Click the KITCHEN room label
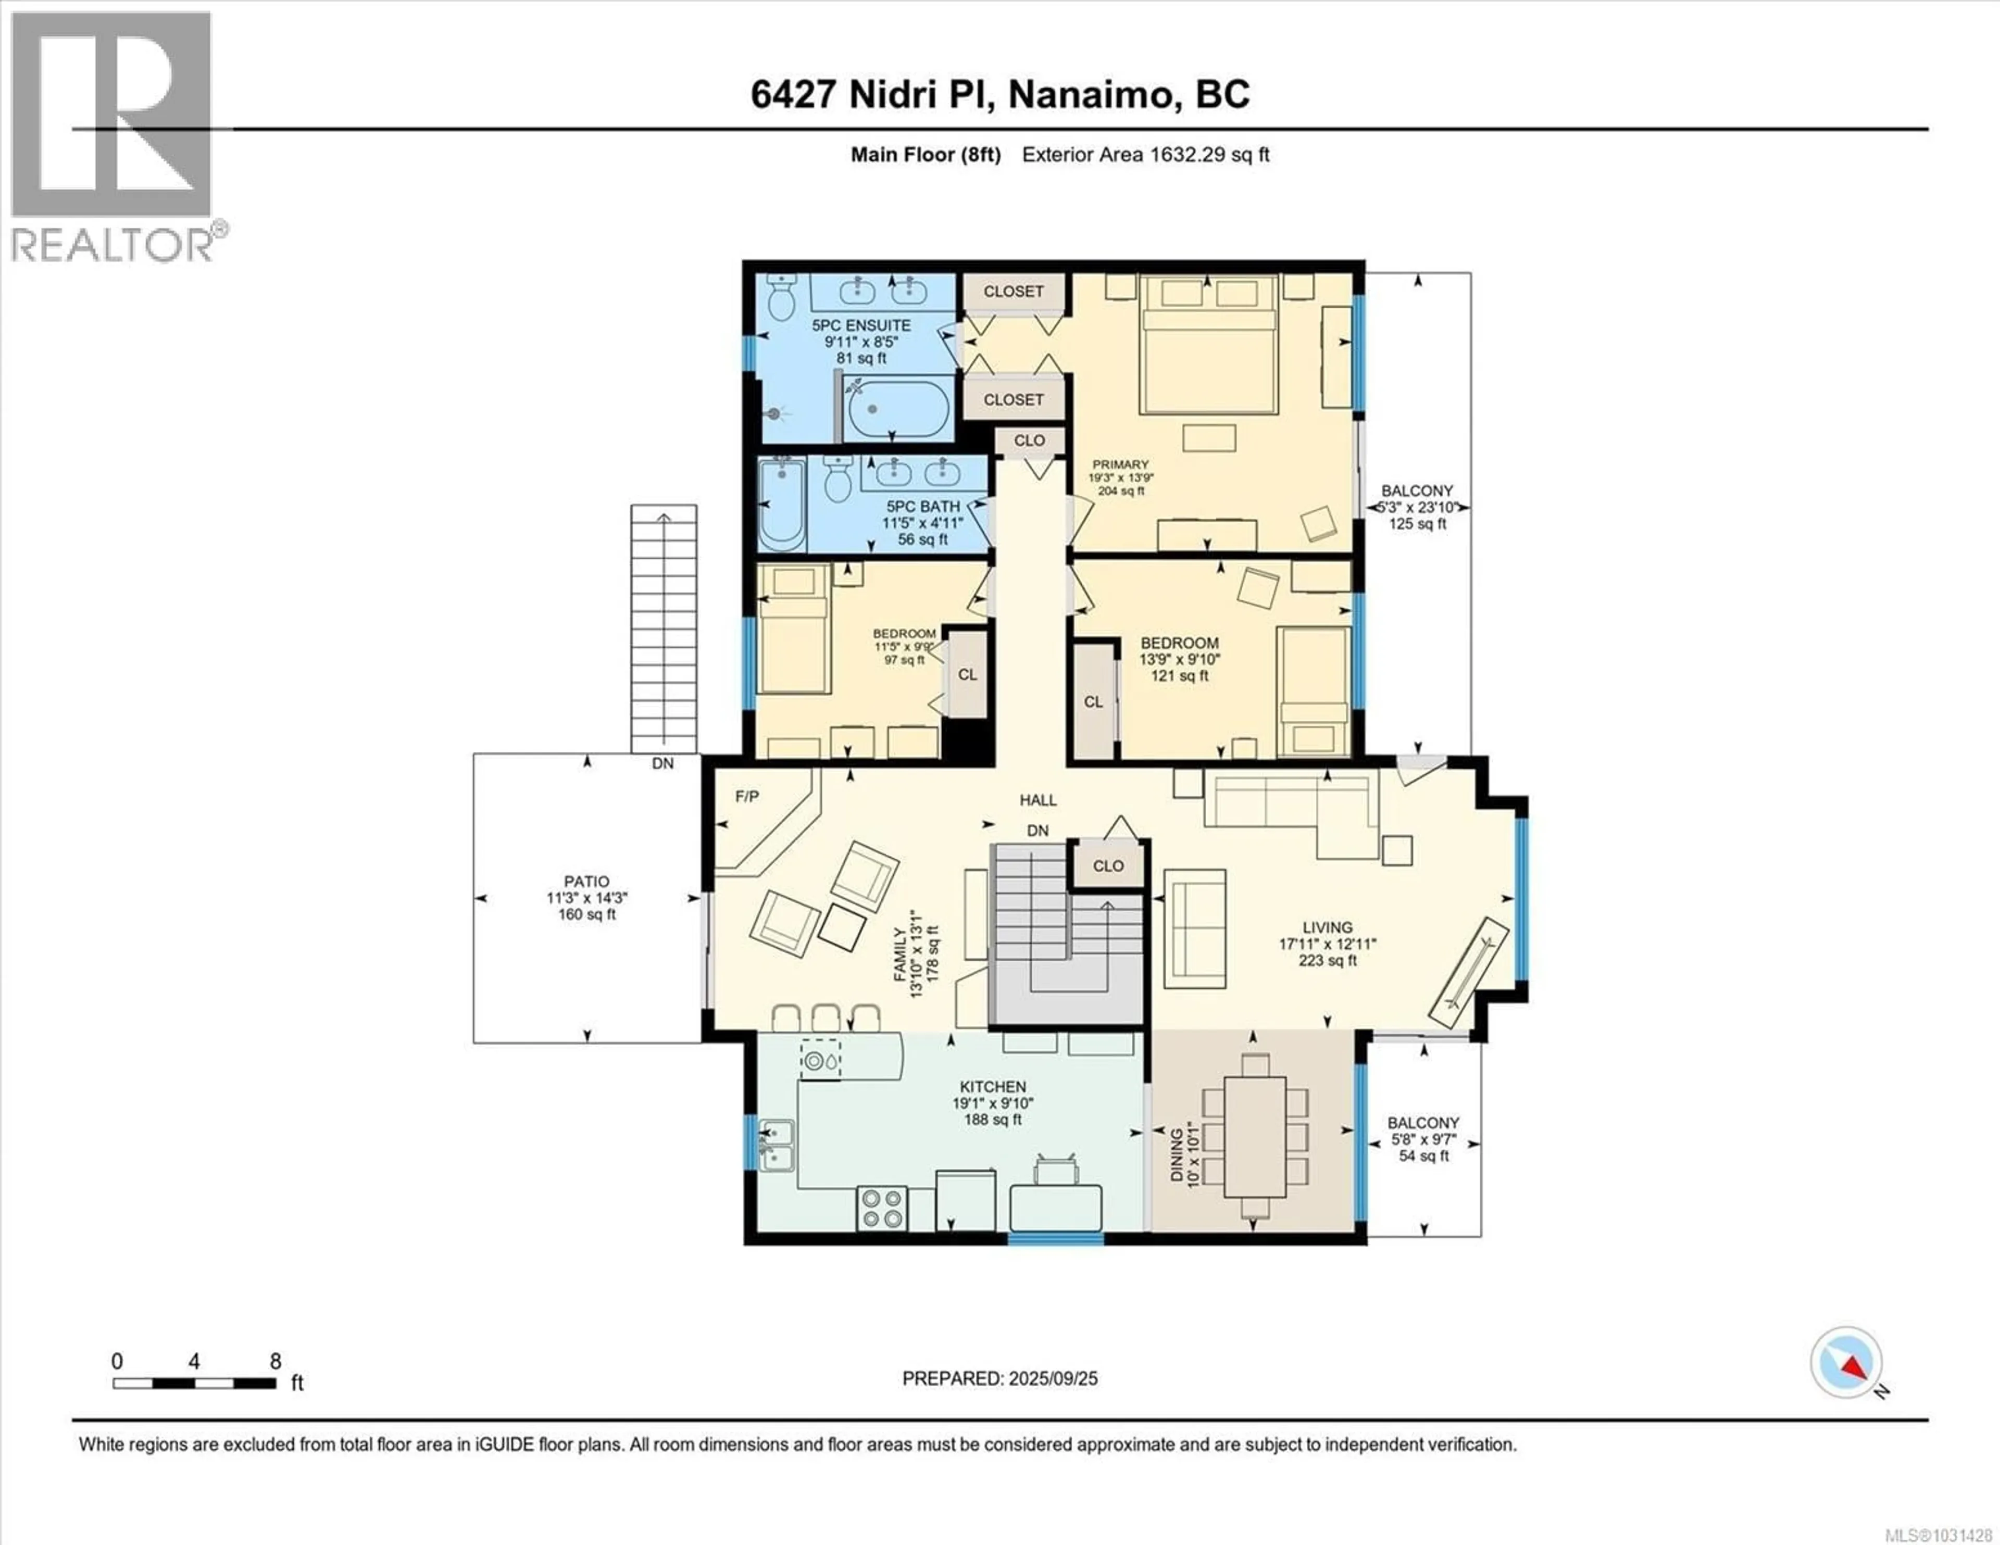pyautogui.click(x=993, y=1087)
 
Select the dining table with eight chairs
pyautogui.click(x=1255, y=1137)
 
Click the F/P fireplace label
pyautogui.click(x=746, y=797)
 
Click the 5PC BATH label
pyautogui.click(x=922, y=507)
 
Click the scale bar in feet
pyautogui.click(x=194, y=1384)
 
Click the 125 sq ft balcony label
pyautogui.click(x=1417, y=507)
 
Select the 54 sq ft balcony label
pyautogui.click(x=1422, y=1139)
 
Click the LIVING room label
pyautogui.click(x=1327, y=928)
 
